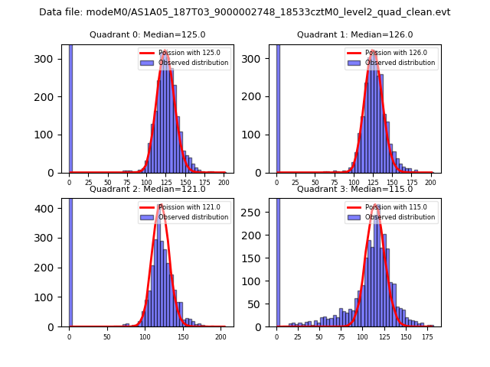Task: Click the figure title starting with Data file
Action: [244, 12]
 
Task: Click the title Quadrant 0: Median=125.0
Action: [148, 35]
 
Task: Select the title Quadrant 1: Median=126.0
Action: [355, 35]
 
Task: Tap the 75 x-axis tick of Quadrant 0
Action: [127, 183]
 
